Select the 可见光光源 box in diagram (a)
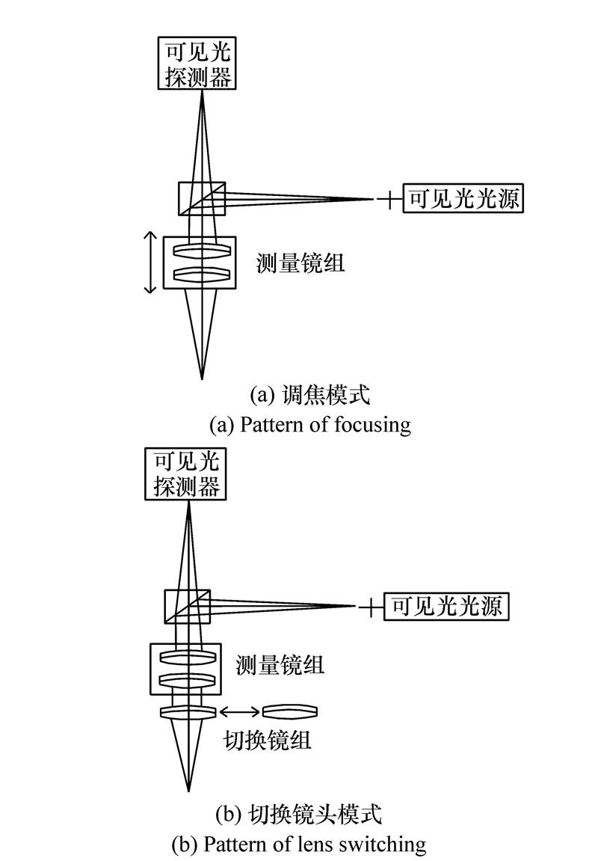(x=462, y=199)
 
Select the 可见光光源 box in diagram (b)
(x=446, y=606)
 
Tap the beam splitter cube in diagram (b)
(x=188, y=606)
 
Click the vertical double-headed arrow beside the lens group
(x=150, y=262)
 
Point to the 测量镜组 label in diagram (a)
(x=301, y=263)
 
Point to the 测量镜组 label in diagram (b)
(x=280, y=664)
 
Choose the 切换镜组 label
(x=267, y=741)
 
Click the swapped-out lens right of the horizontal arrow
(x=290, y=711)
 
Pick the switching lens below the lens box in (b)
(x=188, y=711)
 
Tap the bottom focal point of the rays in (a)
(x=201, y=378)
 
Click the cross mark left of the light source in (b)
(x=370, y=607)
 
